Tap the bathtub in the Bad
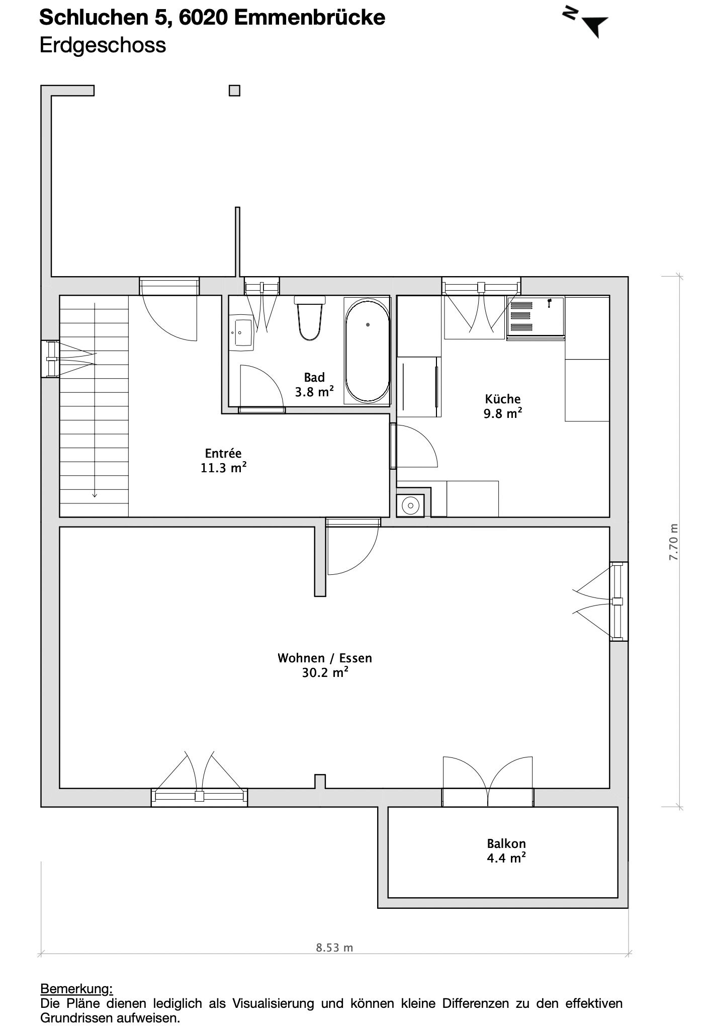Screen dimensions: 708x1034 click(x=368, y=350)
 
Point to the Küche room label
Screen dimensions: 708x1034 click(x=503, y=406)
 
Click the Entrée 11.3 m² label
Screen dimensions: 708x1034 click(x=224, y=461)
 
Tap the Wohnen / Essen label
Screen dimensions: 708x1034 click(x=325, y=665)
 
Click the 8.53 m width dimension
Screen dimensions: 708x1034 click(x=334, y=947)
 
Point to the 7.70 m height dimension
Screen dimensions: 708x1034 click(x=674, y=543)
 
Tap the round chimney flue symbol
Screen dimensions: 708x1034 click(x=411, y=505)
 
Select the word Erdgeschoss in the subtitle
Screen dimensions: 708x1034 click(x=103, y=45)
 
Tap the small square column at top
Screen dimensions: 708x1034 click(x=234, y=91)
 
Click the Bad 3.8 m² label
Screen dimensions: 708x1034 click(x=314, y=385)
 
